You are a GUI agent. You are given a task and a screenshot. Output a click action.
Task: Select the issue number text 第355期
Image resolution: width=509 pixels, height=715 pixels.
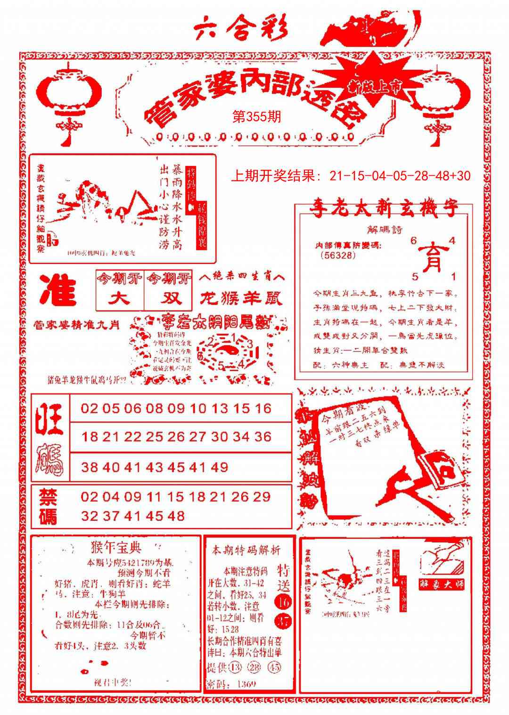coord(257,116)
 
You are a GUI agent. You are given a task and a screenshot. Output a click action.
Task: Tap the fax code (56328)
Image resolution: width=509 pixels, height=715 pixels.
coord(337,255)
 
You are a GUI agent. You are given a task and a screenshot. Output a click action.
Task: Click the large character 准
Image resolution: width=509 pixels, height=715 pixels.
coord(58,290)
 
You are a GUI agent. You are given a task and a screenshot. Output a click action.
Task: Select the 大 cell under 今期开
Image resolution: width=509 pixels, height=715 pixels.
coord(120,298)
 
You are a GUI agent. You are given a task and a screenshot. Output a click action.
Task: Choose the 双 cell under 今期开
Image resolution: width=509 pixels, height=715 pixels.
coord(168,298)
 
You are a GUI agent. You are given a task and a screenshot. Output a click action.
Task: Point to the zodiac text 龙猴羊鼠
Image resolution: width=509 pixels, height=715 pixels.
coord(241,298)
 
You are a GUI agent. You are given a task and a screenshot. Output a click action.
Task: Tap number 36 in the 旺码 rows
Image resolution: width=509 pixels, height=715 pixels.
coord(263,437)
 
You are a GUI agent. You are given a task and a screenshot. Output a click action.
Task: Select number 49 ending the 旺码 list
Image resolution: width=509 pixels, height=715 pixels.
coord(219,467)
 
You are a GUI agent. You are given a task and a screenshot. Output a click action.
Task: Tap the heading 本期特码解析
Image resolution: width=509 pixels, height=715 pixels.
coord(246,550)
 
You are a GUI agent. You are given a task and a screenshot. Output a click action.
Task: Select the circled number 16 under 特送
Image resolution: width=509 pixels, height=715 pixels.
coord(284,602)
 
